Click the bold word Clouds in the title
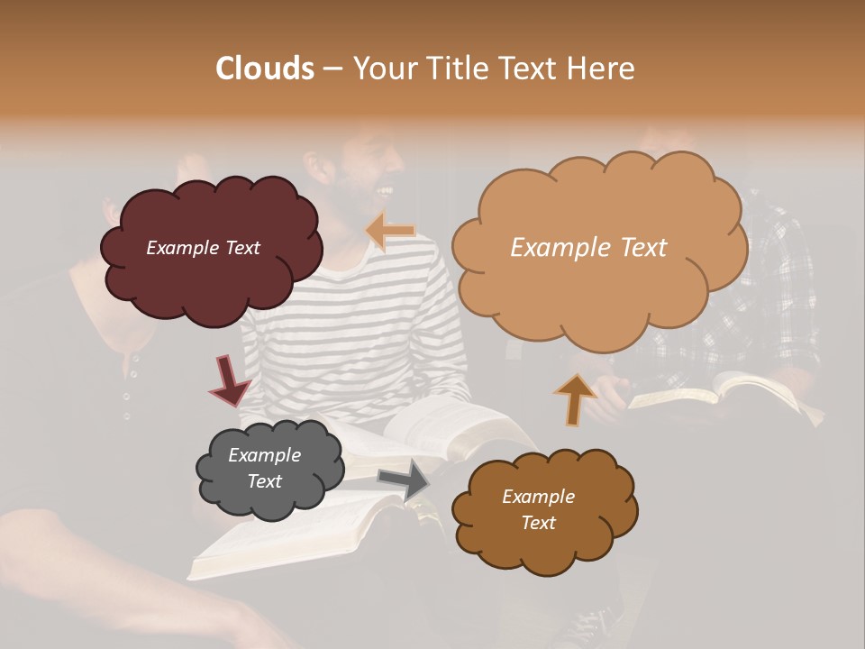[x=265, y=69]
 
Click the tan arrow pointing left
[x=391, y=230]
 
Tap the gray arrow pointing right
[x=405, y=479]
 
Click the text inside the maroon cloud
[x=203, y=248]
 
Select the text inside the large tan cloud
[x=588, y=248]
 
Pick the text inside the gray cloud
[x=265, y=468]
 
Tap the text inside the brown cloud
[x=538, y=509]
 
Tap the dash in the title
[x=332, y=69]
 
